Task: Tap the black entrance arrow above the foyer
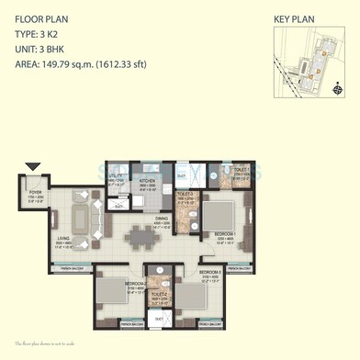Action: click(35, 167)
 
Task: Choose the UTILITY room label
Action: click(116, 175)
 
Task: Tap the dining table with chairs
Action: click(141, 239)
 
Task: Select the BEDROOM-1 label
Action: click(226, 234)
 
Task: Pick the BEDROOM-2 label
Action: click(132, 284)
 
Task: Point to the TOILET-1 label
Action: click(218, 173)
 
